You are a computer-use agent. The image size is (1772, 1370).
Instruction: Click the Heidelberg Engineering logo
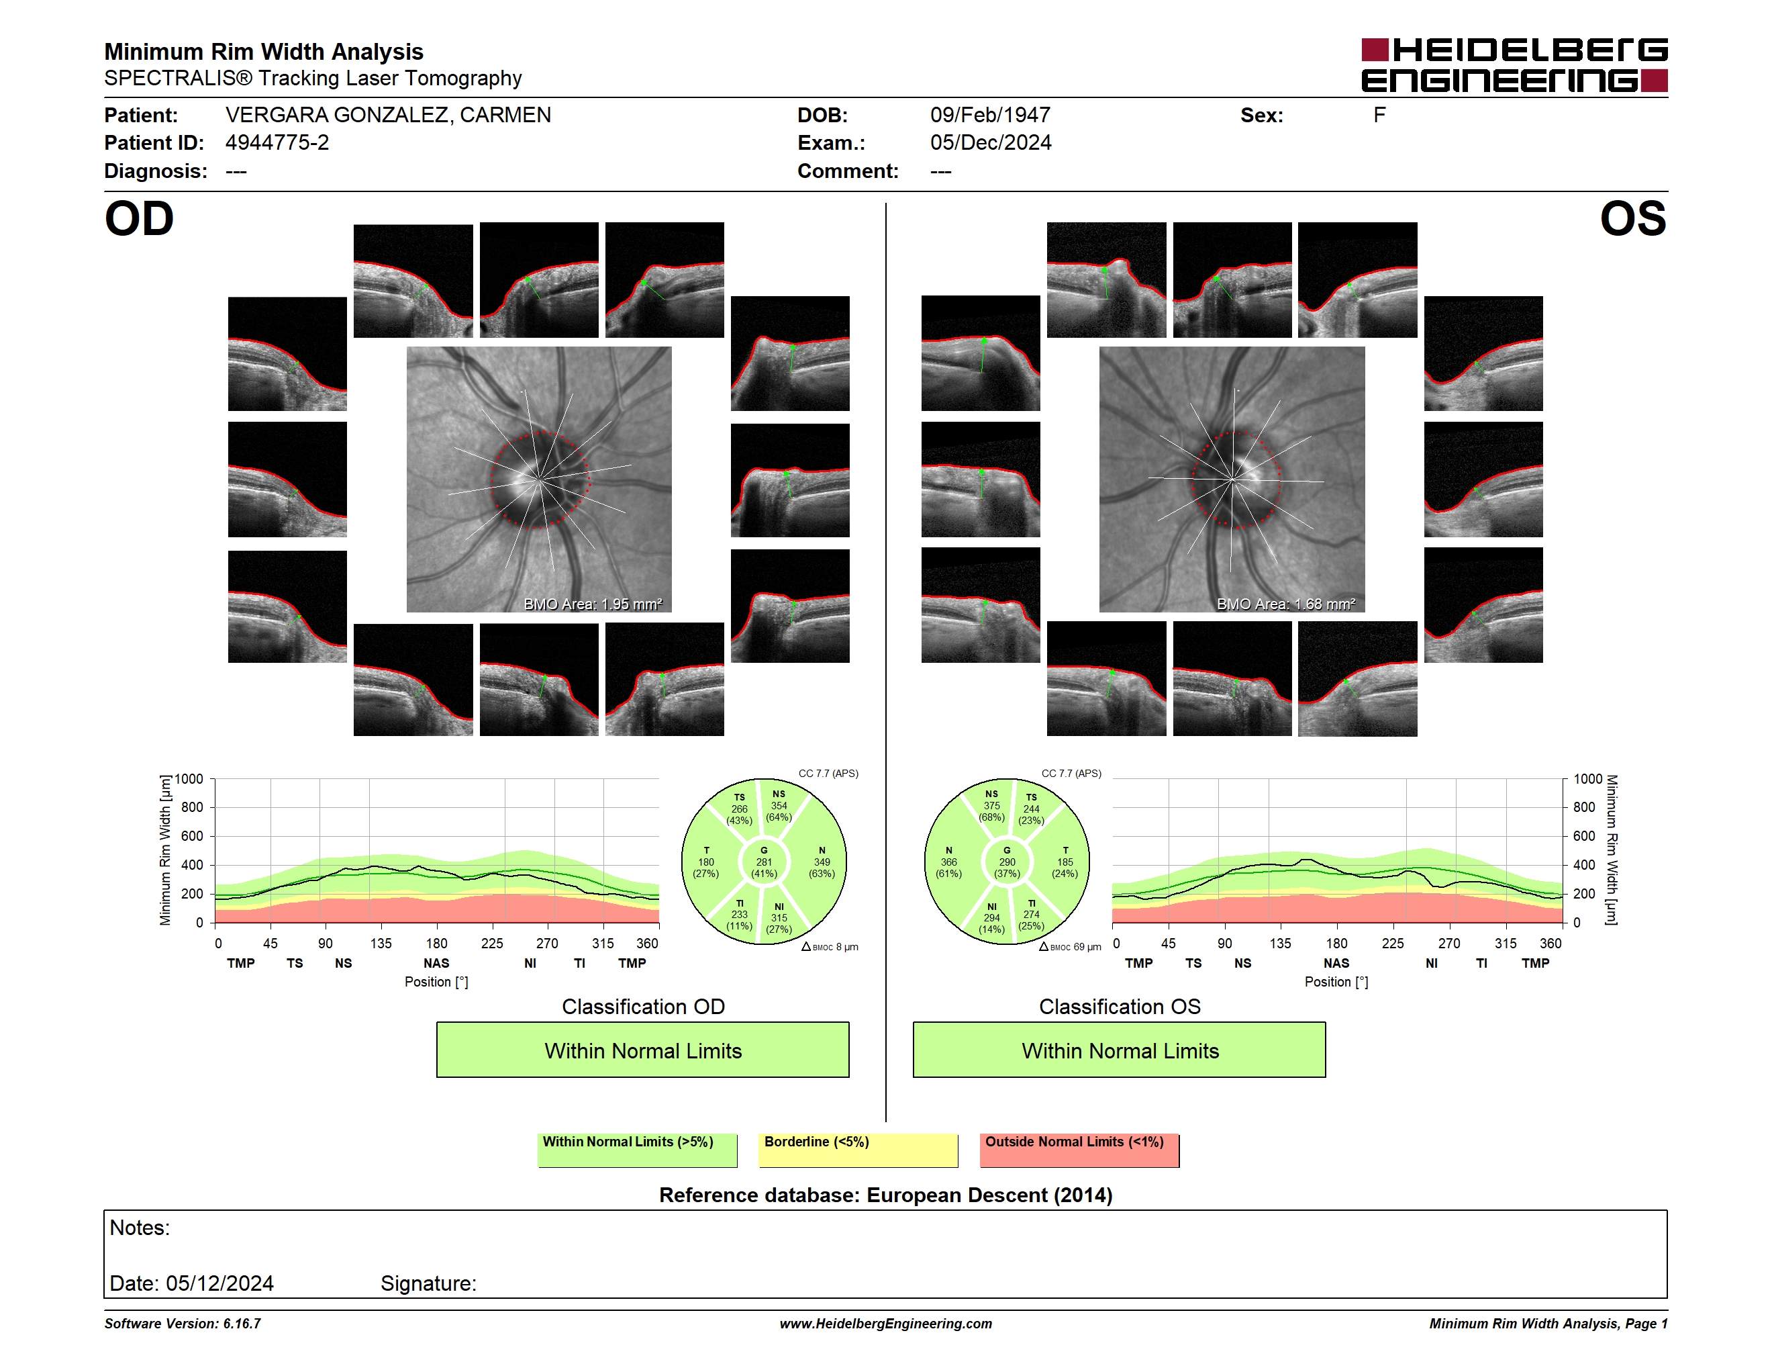coord(1514,65)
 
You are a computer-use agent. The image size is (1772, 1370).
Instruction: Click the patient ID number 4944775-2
coord(277,143)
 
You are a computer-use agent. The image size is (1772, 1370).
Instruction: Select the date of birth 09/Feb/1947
coord(990,116)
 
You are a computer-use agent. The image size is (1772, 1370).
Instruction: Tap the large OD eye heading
coord(139,219)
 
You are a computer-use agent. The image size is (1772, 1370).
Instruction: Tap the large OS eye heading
coord(1632,219)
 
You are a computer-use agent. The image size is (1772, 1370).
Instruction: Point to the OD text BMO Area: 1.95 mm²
coord(593,604)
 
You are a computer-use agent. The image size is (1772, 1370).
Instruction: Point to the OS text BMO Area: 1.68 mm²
coord(1286,604)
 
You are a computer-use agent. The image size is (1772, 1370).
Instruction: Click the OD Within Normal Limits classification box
coord(642,1050)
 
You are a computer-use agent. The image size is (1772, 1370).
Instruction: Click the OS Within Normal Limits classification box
coord(1120,1050)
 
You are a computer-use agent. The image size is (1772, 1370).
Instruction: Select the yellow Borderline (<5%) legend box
coord(858,1150)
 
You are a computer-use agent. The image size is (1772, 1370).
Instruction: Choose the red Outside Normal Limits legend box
coord(1079,1150)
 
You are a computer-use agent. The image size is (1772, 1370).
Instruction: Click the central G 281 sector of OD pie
coord(763,862)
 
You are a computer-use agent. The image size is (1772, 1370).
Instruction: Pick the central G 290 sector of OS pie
coord(1007,862)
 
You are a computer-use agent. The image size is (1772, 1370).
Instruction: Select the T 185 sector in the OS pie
coord(1065,862)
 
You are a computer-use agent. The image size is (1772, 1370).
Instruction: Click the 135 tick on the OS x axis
coord(1280,943)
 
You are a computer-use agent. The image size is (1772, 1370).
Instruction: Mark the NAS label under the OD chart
coord(436,964)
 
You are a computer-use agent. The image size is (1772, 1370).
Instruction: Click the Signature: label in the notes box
coord(428,1283)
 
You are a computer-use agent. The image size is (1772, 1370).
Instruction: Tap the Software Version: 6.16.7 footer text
coord(183,1324)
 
